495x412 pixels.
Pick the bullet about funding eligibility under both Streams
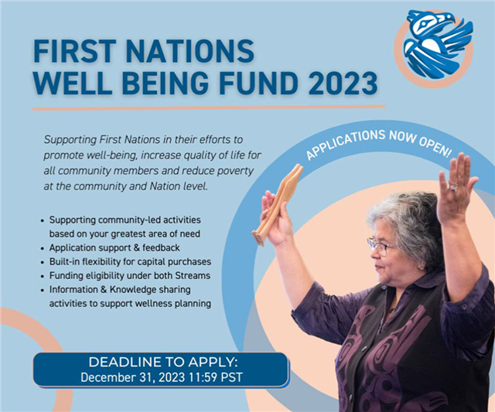129,275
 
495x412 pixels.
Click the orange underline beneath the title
209,107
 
